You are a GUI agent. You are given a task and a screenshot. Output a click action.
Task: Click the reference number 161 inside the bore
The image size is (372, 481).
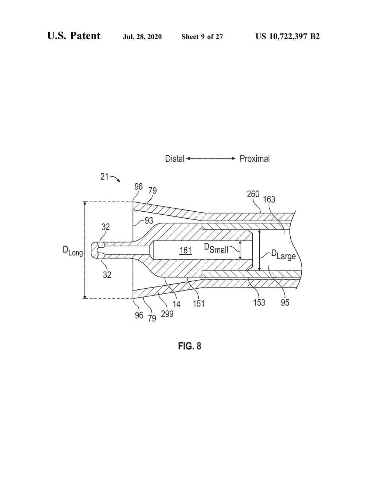pos(185,250)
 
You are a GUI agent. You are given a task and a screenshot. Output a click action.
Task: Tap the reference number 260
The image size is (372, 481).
pos(253,194)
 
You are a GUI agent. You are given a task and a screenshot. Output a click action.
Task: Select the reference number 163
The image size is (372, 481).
pos(269,199)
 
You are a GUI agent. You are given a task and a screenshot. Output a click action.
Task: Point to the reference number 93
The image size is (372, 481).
pos(149,220)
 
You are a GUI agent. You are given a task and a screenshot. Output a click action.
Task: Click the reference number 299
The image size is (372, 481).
pos(167,314)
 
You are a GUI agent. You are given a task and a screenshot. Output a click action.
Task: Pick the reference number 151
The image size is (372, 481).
pos(198,303)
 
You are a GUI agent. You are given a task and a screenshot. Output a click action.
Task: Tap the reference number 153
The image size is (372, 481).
pos(259,302)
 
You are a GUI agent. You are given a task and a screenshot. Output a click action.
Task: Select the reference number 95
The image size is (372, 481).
pos(285,302)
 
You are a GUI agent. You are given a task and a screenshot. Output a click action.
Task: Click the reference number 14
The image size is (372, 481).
pos(177,304)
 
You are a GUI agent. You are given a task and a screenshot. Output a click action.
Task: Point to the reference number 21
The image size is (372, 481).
pos(104,177)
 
